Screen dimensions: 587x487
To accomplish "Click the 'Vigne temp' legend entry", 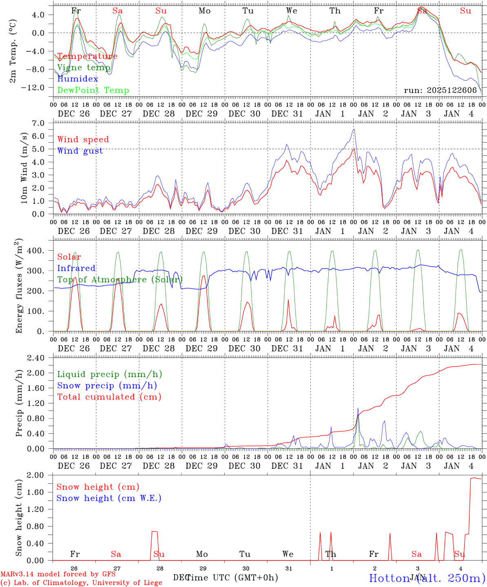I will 84,68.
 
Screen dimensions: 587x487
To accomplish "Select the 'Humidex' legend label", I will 77,79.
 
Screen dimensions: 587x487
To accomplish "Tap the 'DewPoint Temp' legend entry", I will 93,90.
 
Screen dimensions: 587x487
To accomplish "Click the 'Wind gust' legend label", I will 80,151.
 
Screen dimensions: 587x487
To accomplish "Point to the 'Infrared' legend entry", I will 76,268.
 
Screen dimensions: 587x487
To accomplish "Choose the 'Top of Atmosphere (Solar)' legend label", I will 120,280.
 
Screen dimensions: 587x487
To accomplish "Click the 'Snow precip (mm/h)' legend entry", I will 107,386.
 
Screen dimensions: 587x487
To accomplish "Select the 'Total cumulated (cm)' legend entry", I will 109,397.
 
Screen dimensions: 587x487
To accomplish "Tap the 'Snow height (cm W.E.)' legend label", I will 109,498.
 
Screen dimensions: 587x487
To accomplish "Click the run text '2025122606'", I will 452,90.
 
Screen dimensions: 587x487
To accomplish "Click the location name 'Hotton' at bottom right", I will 389,578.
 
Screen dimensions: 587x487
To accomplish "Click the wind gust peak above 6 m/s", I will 354,130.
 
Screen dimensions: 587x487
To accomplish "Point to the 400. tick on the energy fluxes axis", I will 38,251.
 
